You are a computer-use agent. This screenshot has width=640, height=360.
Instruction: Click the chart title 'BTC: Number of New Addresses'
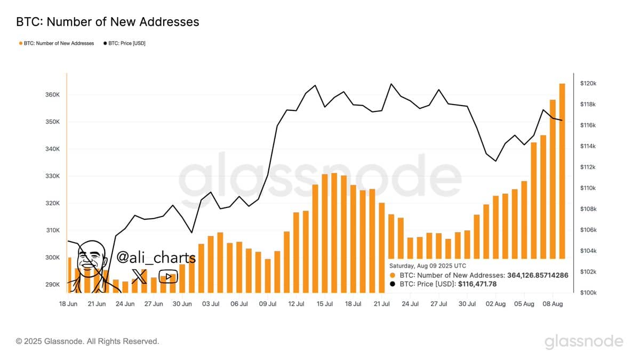[x=108, y=22]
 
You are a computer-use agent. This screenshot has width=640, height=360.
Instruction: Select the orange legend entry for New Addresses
[x=56, y=43]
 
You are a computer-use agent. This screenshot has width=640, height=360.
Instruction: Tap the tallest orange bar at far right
[x=562, y=171]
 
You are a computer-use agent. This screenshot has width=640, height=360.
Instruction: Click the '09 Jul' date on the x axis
[x=268, y=304]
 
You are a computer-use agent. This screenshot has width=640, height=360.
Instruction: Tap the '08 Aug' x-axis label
[x=552, y=304]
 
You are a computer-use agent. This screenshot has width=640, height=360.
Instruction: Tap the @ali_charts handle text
[x=156, y=258]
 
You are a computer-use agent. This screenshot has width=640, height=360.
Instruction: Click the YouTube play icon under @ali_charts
[x=168, y=276]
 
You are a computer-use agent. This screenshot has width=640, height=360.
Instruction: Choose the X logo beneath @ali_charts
[x=139, y=276]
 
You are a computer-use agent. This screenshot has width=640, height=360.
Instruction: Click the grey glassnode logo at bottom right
[x=583, y=341]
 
